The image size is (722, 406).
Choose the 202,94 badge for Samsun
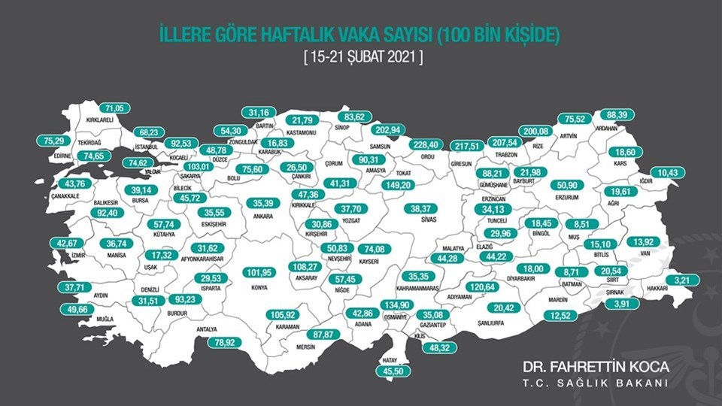(389, 129)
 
